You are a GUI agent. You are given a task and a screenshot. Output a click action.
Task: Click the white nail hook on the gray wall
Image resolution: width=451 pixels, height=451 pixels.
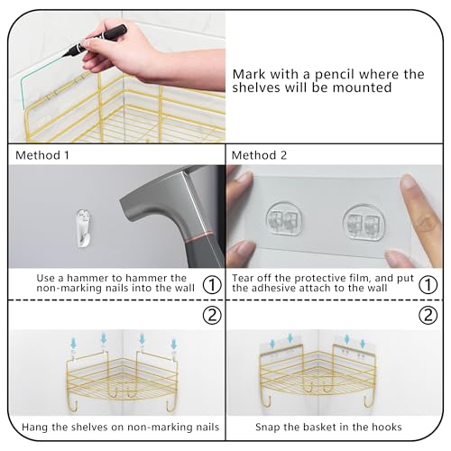[83, 228]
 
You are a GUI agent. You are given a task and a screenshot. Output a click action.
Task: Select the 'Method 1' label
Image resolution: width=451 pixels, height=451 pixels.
[42, 155]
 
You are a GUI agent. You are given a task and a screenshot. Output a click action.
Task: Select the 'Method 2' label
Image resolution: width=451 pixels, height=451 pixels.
[259, 155]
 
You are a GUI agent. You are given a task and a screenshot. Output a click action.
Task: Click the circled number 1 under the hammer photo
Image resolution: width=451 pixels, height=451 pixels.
[212, 285]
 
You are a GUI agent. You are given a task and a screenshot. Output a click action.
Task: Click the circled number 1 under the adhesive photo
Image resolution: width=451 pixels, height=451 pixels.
[428, 285]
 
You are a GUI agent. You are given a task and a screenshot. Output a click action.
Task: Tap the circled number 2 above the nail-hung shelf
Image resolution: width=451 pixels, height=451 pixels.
[212, 315]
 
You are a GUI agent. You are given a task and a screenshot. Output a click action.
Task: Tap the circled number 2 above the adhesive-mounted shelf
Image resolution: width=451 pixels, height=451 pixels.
[428, 315]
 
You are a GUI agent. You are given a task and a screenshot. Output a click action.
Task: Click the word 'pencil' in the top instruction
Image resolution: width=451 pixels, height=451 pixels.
[335, 75]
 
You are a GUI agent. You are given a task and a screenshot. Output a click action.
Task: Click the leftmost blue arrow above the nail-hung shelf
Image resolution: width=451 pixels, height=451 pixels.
[73, 343]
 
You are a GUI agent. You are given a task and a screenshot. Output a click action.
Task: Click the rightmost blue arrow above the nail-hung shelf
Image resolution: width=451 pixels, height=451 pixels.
[173, 344]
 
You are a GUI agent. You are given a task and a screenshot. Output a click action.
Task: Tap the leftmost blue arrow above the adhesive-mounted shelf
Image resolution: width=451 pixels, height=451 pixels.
[272, 344]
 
